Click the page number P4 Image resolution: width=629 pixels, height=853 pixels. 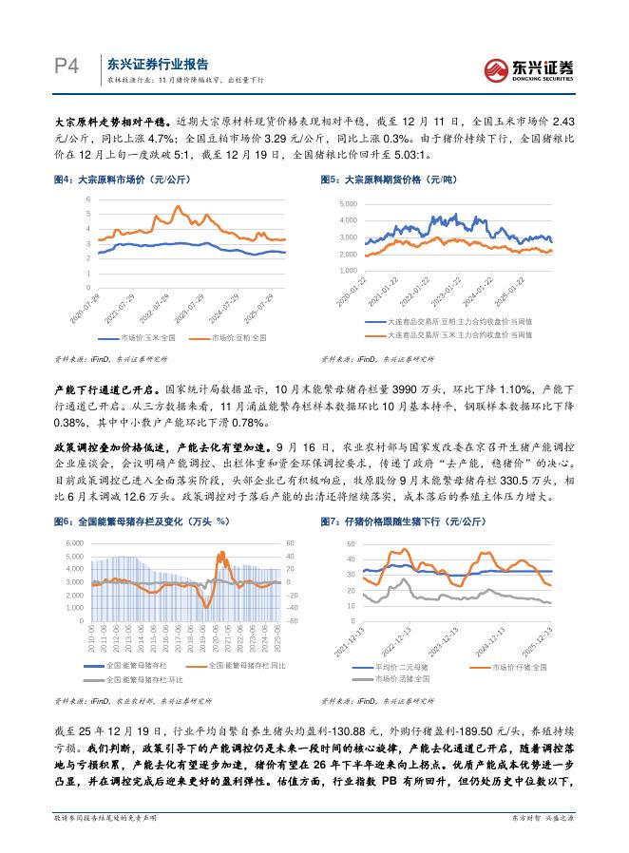point(65,66)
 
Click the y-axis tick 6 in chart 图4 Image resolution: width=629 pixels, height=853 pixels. point(88,199)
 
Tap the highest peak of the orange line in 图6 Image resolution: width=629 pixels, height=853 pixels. point(221,551)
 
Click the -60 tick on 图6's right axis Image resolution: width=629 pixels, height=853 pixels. point(293,621)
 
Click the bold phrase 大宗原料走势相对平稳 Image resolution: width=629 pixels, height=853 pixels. point(103,123)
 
